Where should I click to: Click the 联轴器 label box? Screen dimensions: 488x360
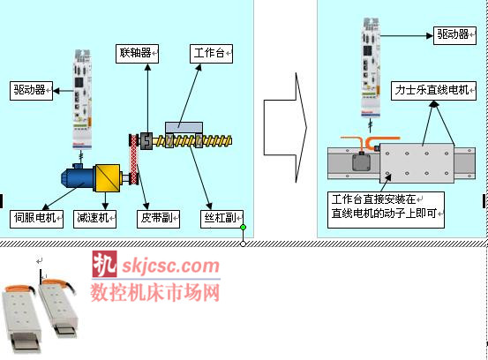pos(138,54)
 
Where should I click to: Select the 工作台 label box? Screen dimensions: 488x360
pos(211,54)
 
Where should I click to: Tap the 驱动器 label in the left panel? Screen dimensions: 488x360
pos(31,91)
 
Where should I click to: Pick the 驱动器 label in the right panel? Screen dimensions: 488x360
pos(454,35)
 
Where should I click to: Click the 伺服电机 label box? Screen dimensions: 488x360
pos(36,220)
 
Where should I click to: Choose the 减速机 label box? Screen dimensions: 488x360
pos(95,220)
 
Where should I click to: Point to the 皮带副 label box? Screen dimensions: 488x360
pos(159,220)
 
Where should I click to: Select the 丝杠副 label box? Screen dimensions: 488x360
pos(221,220)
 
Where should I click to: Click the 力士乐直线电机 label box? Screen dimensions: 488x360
pos(433,91)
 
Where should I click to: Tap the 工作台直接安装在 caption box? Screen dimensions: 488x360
pos(386,210)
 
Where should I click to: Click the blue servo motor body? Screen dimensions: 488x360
pos(78,178)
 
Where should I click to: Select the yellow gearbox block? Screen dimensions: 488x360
pos(108,178)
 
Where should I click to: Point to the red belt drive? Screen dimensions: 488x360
pos(134,159)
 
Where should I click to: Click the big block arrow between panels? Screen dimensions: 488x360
pos(285,128)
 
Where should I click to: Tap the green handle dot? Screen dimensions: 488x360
pos(244,227)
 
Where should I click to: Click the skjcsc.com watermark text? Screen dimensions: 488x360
pos(171,266)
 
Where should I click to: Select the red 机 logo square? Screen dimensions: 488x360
pos(104,264)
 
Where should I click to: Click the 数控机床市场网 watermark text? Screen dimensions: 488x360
pos(155,292)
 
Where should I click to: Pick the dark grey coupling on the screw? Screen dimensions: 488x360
pos(146,141)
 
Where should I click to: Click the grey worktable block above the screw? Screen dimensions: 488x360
pos(184,128)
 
